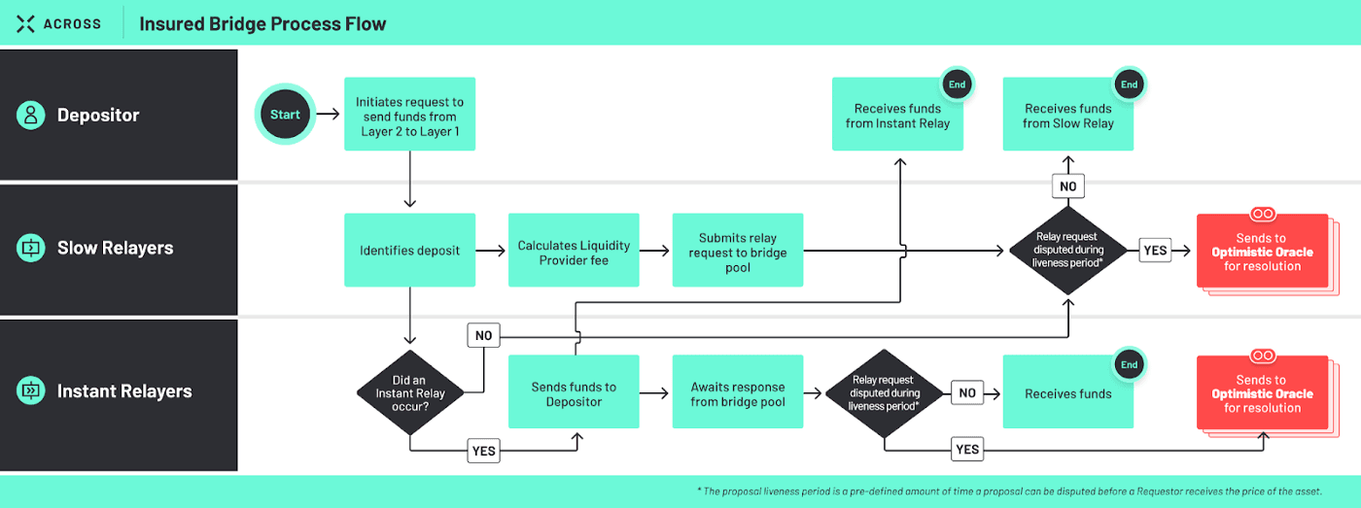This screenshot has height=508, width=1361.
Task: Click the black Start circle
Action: point(285,115)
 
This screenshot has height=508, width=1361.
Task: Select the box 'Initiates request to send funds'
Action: point(409,115)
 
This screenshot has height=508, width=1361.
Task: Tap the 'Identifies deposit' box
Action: point(409,250)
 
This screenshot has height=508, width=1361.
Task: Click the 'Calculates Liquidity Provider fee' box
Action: point(574,250)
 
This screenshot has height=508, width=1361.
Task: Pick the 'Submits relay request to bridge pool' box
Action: point(737,250)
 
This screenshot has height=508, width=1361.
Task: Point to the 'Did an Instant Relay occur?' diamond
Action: point(409,393)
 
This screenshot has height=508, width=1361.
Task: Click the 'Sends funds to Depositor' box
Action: point(574,393)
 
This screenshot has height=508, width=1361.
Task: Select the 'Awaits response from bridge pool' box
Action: point(737,393)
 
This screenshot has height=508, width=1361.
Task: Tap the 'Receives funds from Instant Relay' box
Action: point(897,115)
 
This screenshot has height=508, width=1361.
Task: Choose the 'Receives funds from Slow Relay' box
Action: point(1067,115)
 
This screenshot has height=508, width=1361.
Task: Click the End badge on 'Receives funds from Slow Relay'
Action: point(1129,85)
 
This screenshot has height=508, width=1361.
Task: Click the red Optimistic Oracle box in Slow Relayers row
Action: point(1262,252)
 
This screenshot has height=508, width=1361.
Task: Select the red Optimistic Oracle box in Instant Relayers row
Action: point(1262,393)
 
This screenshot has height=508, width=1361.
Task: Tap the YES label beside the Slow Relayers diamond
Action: point(1155,251)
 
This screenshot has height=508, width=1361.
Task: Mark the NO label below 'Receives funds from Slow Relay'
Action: point(1067,186)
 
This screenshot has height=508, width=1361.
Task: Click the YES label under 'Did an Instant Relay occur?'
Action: point(483,451)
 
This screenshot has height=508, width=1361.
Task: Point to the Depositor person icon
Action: point(31,115)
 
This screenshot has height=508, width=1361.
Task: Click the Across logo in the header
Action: point(59,23)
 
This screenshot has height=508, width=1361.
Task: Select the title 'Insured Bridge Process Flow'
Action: point(262,23)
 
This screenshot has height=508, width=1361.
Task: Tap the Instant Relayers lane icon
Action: point(31,391)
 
